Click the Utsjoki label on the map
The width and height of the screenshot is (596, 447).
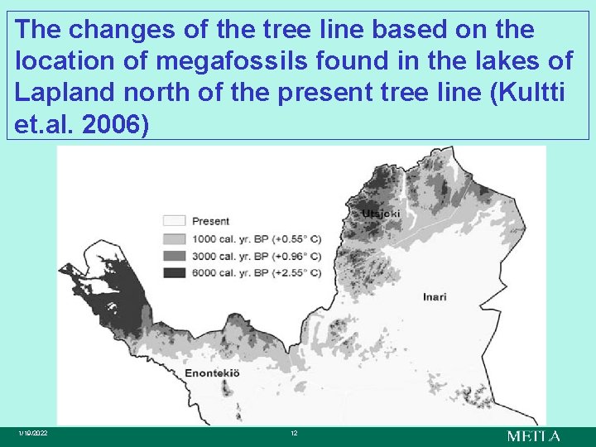pos(380,214)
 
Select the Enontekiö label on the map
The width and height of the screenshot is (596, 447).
pos(212,373)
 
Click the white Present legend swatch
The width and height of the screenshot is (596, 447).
pos(174,221)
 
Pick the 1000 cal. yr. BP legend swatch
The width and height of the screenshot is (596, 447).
pos(174,238)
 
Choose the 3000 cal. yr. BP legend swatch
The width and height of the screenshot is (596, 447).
pos(174,255)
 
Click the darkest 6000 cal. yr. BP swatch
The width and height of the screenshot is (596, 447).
pos(174,272)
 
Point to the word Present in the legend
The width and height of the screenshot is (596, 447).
pos(211,221)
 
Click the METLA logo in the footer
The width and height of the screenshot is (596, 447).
pos(534,436)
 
